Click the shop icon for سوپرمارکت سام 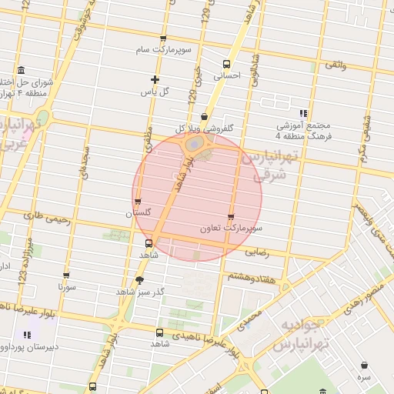(x=162, y=38)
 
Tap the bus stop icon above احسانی (x=226, y=64)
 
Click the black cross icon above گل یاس (x=155, y=79)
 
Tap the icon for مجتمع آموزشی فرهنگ (x=303, y=113)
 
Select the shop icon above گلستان (x=138, y=201)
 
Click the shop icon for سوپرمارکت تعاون (x=231, y=217)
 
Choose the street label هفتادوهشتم (x=248, y=274)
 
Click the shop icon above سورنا (x=66, y=275)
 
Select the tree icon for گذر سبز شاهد (x=139, y=280)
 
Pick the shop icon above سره (x=362, y=366)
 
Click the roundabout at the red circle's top (x=196, y=144)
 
